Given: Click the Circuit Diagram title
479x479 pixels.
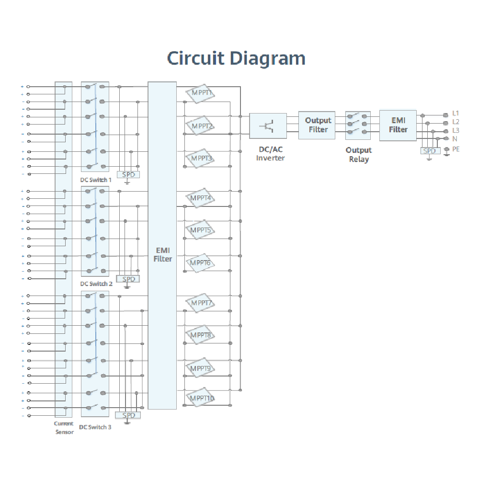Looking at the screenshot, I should tap(236, 58).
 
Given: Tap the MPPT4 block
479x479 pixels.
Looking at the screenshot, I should tap(201, 198).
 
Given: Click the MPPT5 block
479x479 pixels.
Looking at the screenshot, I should tap(201, 230).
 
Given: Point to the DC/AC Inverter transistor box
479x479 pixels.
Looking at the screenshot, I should tap(268, 126).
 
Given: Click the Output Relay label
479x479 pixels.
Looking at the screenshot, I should tap(359, 155).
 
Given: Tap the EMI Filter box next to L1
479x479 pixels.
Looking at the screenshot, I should tap(398, 125).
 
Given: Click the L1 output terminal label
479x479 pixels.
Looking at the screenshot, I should tap(456, 114).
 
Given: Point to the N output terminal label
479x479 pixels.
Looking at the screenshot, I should tap(455, 139).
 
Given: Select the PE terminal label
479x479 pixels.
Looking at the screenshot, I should tap(456, 149).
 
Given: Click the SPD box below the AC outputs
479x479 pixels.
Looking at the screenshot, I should tap(430, 151).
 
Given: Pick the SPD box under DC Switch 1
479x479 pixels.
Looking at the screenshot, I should tap(128, 175).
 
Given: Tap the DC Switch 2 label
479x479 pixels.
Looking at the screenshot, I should tap(96, 284).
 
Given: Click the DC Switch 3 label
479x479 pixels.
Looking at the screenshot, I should tap(95, 427).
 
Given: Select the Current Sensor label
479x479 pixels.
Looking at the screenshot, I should tap(64, 428).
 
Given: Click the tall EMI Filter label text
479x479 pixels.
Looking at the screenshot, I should tap(162, 254).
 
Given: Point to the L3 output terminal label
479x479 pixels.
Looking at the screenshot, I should tap(456, 130).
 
